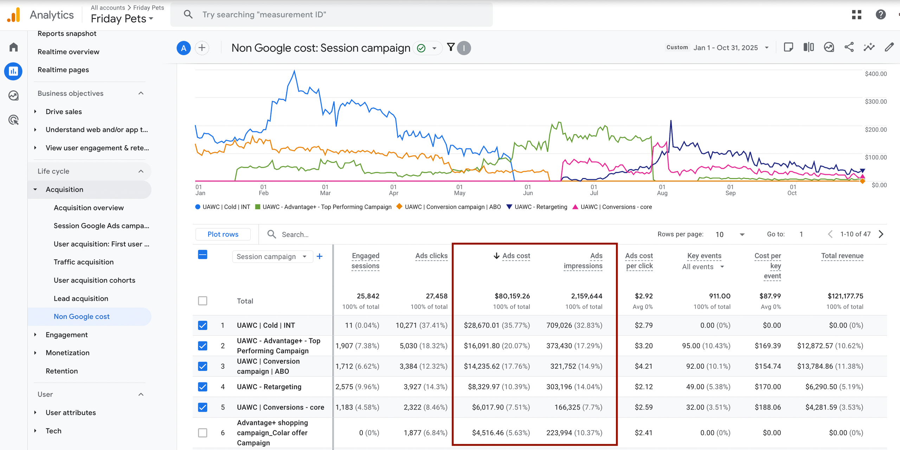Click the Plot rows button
point(223,234)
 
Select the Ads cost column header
point(516,256)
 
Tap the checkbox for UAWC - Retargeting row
point(202,387)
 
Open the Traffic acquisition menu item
point(84,262)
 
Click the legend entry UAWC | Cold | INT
point(223,207)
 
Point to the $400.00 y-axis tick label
point(875,74)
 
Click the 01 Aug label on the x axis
point(662,190)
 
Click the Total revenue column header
point(842,256)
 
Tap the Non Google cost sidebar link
point(82,317)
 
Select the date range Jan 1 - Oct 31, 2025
point(726,48)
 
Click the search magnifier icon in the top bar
point(188,14)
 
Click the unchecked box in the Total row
point(202,301)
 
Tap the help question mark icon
point(880,14)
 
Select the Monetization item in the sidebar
point(67,353)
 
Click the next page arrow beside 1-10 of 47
point(881,234)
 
